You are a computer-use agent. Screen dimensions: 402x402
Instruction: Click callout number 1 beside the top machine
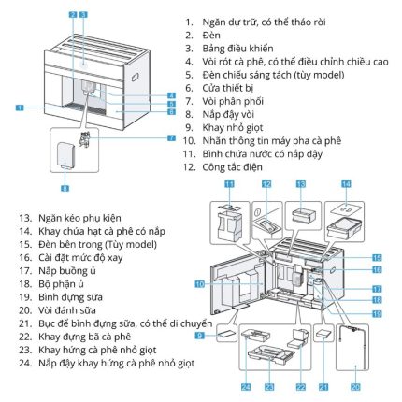[x=19, y=108]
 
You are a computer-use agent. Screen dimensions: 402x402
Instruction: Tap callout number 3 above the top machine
[x=84, y=14]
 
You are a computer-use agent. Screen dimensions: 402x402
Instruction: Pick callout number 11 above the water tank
[x=228, y=185]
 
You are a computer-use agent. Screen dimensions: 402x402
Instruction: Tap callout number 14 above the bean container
[x=345, y=185]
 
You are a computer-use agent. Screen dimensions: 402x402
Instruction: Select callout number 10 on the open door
[x=198, y=282]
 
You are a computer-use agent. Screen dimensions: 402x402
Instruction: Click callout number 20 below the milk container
[x=353, y=384]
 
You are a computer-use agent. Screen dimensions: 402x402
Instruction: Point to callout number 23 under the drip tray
[x=270, y=384]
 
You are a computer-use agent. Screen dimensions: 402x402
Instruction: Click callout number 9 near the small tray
[x=200, y=334]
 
